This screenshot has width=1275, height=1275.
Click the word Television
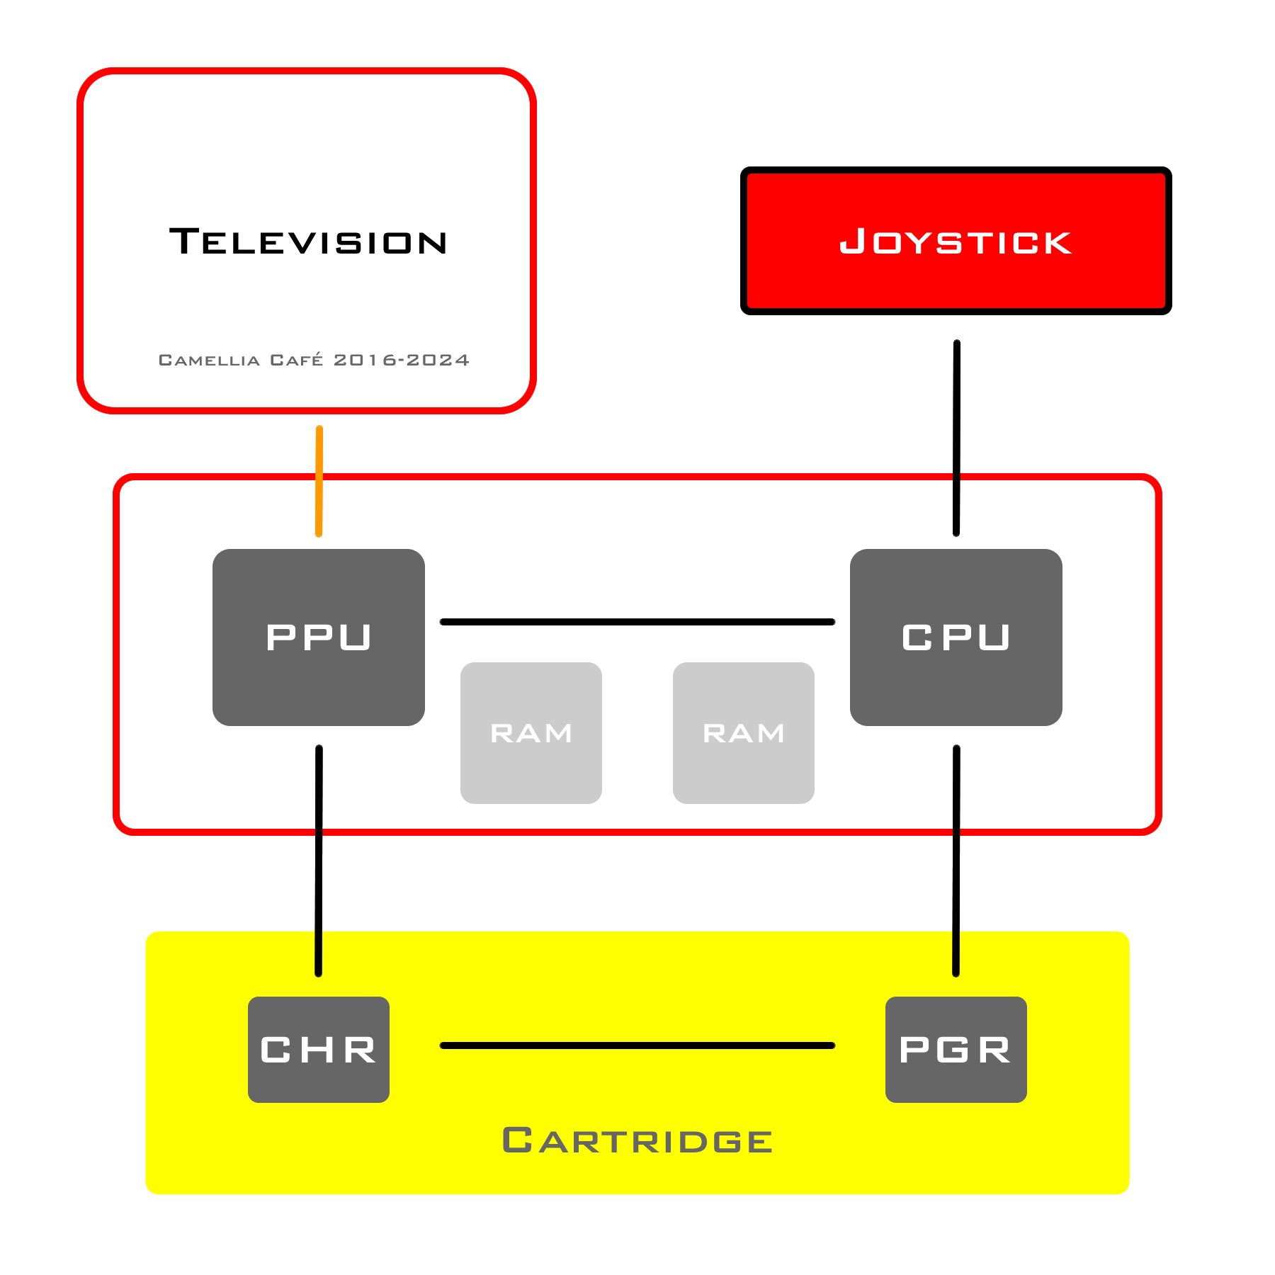[x=308, y=242]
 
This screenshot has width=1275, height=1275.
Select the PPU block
[x=319, y=637]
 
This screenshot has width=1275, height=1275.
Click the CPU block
[x=956, y=637]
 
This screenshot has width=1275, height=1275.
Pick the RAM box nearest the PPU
[x=531, y=732]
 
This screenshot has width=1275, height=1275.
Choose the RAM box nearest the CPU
[x=744, y=732]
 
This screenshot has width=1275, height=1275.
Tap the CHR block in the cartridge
[x=319, y=1049]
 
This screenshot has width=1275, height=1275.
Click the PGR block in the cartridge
[x=956, y=1049]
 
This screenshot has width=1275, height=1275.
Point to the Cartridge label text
[x=637, y=1140]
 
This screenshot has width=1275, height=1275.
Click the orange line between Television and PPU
[x=319, y=482]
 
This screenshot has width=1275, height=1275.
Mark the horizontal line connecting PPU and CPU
[x=637, y=622]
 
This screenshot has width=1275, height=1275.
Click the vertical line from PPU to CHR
[x=319, y=861]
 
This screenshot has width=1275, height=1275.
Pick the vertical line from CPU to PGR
[x=956, y=861]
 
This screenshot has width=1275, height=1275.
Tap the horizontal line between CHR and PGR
[x=637, y=1045]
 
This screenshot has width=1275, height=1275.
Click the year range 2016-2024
[x=402, y=361]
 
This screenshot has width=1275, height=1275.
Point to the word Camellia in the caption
[x=209, y=361]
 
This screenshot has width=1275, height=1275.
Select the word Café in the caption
[x=297, y=360]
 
